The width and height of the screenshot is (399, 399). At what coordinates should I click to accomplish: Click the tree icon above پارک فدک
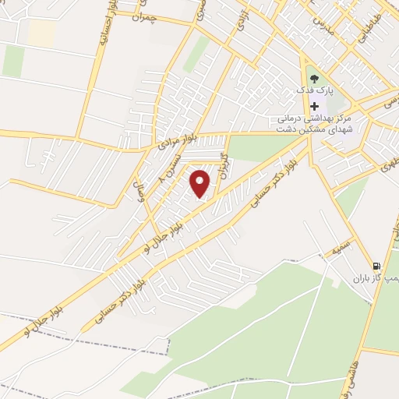[314, 79]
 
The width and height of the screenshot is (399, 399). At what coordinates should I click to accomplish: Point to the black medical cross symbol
[314, 106]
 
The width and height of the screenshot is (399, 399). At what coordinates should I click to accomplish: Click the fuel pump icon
[377, 265]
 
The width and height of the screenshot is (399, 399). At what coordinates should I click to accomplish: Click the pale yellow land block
[43, 32]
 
